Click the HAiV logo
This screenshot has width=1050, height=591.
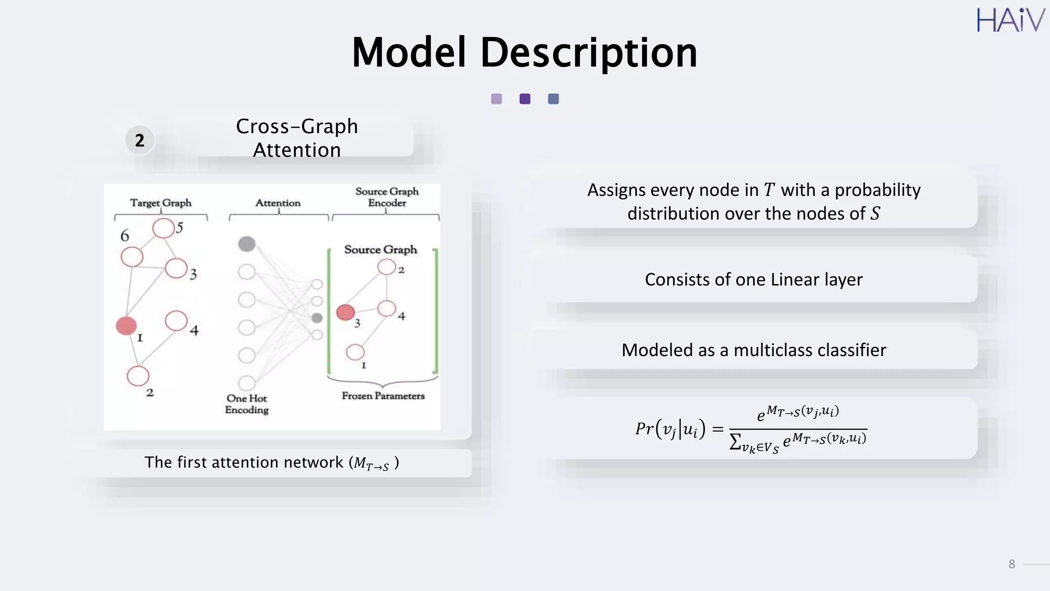pos(1010,21)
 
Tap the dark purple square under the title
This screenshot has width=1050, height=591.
pos(524,99)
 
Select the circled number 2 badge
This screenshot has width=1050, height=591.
pos(139,140)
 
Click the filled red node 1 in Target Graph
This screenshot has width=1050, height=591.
pos(126,326)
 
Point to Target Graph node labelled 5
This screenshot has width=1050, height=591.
pos(164,228)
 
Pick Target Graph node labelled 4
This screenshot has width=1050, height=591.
pos(176,321)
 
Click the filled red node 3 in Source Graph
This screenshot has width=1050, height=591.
pos(346,312)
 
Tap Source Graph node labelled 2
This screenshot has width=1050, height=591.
pos(387,267)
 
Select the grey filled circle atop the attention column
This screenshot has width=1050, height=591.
pos(247,244)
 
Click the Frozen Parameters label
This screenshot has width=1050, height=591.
pos(383,396)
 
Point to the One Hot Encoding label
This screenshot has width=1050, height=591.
pos(247,404)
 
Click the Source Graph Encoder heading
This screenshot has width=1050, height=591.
pos(387,197)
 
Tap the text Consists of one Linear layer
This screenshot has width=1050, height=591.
pos(754,280)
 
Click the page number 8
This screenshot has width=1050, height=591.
pos(1012,564)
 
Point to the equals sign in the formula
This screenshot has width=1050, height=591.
pos(717,429)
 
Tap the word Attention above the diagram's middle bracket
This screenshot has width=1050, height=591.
pos(278,203)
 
